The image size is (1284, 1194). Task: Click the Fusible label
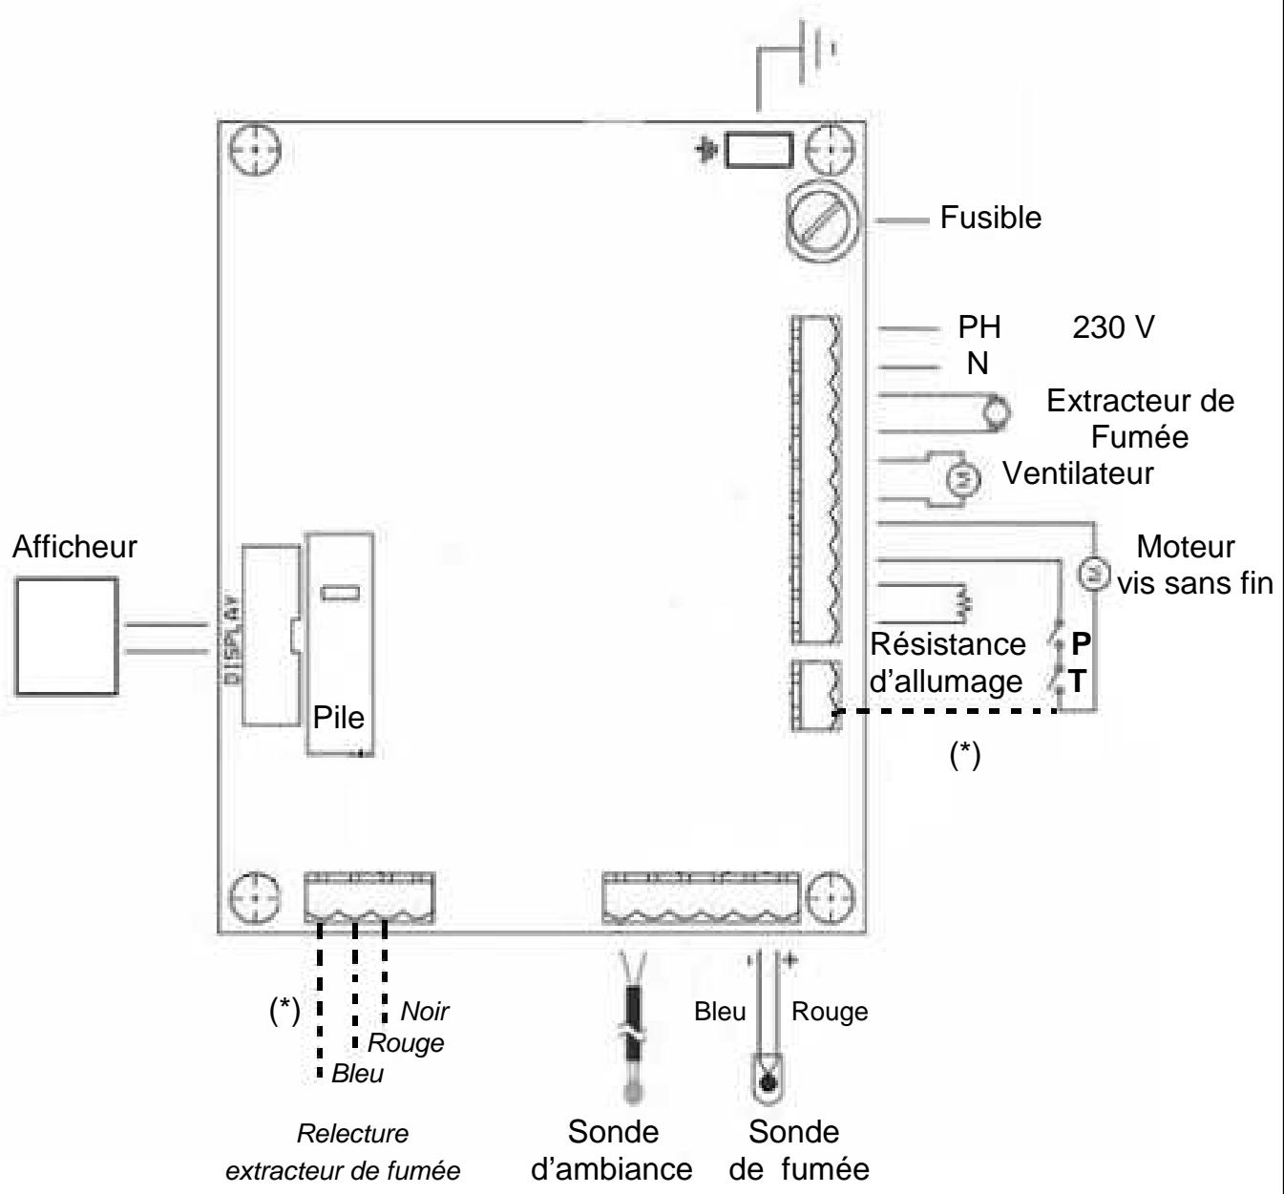(990, 219)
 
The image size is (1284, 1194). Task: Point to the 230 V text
(1112, 327)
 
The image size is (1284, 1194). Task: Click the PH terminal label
(979, 327)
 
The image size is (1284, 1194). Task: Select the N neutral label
(978, 364)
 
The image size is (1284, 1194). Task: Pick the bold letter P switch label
(1079, 643)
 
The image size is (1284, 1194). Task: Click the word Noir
(424, 1011)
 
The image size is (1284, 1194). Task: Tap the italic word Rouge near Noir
(406, 1042)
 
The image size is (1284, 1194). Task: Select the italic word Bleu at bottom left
(358, 1075)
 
